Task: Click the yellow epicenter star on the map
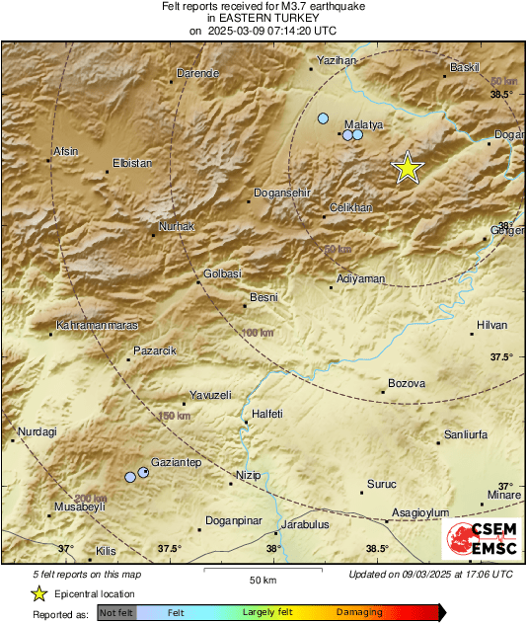tap(408, 169)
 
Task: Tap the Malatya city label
tap(362, 124)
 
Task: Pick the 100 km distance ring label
tap(256, 333)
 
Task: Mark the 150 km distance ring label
tap(174, 417)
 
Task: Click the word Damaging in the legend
tap(359, 613)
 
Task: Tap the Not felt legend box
tap(116, 613)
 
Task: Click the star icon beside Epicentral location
tap(38, 593)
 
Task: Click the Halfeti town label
tap(268, 414)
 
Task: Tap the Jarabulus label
tap(304, 524)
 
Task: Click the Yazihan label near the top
tap(336, 60)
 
